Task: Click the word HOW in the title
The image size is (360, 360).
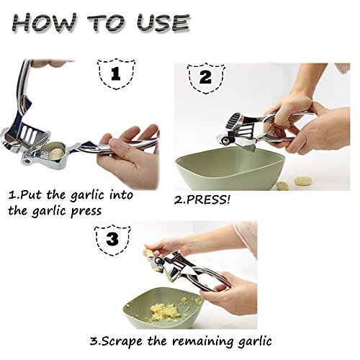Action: click(x=44, y=22)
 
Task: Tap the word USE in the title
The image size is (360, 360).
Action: click(x=163, y=23)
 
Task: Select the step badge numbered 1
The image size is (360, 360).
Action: click(x=116, y=73)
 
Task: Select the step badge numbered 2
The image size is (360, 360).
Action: click(x=205, y=77)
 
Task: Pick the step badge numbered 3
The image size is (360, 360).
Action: click(x=112, y=240)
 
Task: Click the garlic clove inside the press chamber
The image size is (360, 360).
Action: click(x=57, y=153)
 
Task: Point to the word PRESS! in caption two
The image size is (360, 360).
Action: click(x=207, y=199)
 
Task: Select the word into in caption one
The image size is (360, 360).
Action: click(x=121, y=194)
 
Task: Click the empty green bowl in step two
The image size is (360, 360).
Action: click(x=230, y=168)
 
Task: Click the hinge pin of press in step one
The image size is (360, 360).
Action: click(x=27, y=161)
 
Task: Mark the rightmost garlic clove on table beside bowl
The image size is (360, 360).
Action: click(x=303, y=181)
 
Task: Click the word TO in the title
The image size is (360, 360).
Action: click(x=106, y=23)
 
